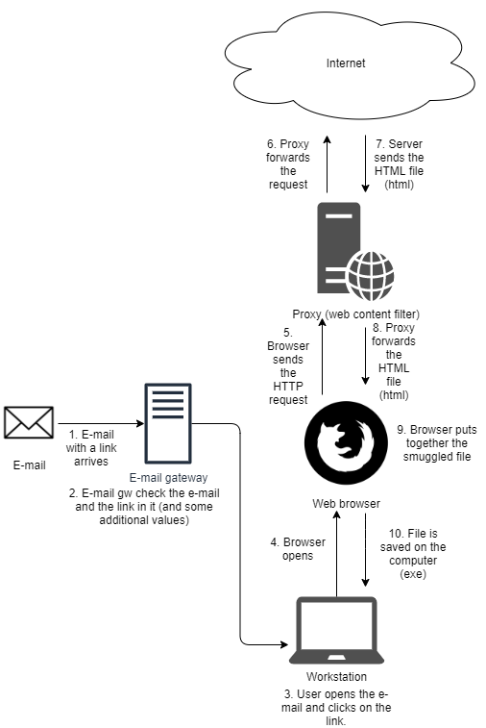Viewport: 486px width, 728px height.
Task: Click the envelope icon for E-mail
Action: click(29, 423)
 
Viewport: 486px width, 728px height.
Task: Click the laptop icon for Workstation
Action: click(336, 631)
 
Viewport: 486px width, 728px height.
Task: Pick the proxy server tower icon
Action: click(337, 248)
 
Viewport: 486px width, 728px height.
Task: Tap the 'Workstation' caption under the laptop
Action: click(336, 676)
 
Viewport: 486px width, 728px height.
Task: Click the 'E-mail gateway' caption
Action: click(169, 476)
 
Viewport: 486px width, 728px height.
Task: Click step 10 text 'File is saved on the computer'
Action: click(413, 554)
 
